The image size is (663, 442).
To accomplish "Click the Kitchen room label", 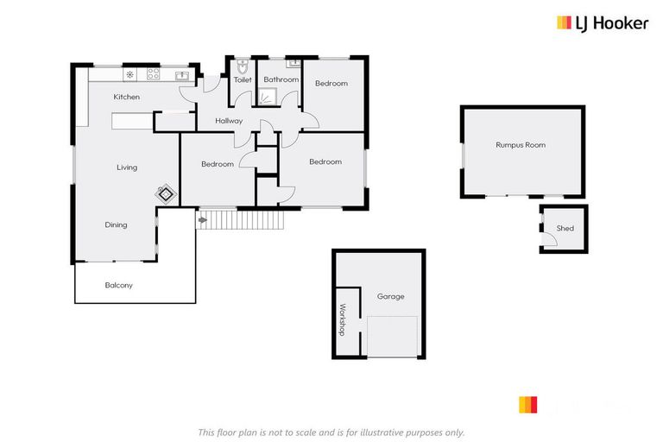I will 126,98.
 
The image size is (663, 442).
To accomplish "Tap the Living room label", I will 127,167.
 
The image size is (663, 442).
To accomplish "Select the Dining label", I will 116,225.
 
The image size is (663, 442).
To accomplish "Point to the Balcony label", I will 118,285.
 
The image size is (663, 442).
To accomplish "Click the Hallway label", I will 229,121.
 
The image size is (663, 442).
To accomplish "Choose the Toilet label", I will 243,80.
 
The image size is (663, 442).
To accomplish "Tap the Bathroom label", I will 281,80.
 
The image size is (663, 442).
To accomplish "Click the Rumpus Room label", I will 521,145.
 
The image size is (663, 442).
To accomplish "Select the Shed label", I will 565,229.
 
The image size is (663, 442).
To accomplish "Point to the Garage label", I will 390,296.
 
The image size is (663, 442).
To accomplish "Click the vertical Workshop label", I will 342,319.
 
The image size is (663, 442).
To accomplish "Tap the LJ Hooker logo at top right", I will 602,23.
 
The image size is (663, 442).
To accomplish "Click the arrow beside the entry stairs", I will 203,221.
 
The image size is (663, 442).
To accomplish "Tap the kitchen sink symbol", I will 183,76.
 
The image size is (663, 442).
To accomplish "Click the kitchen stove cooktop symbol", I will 152,73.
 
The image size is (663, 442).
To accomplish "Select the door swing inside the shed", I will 550,239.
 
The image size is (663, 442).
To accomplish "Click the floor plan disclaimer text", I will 331,432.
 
